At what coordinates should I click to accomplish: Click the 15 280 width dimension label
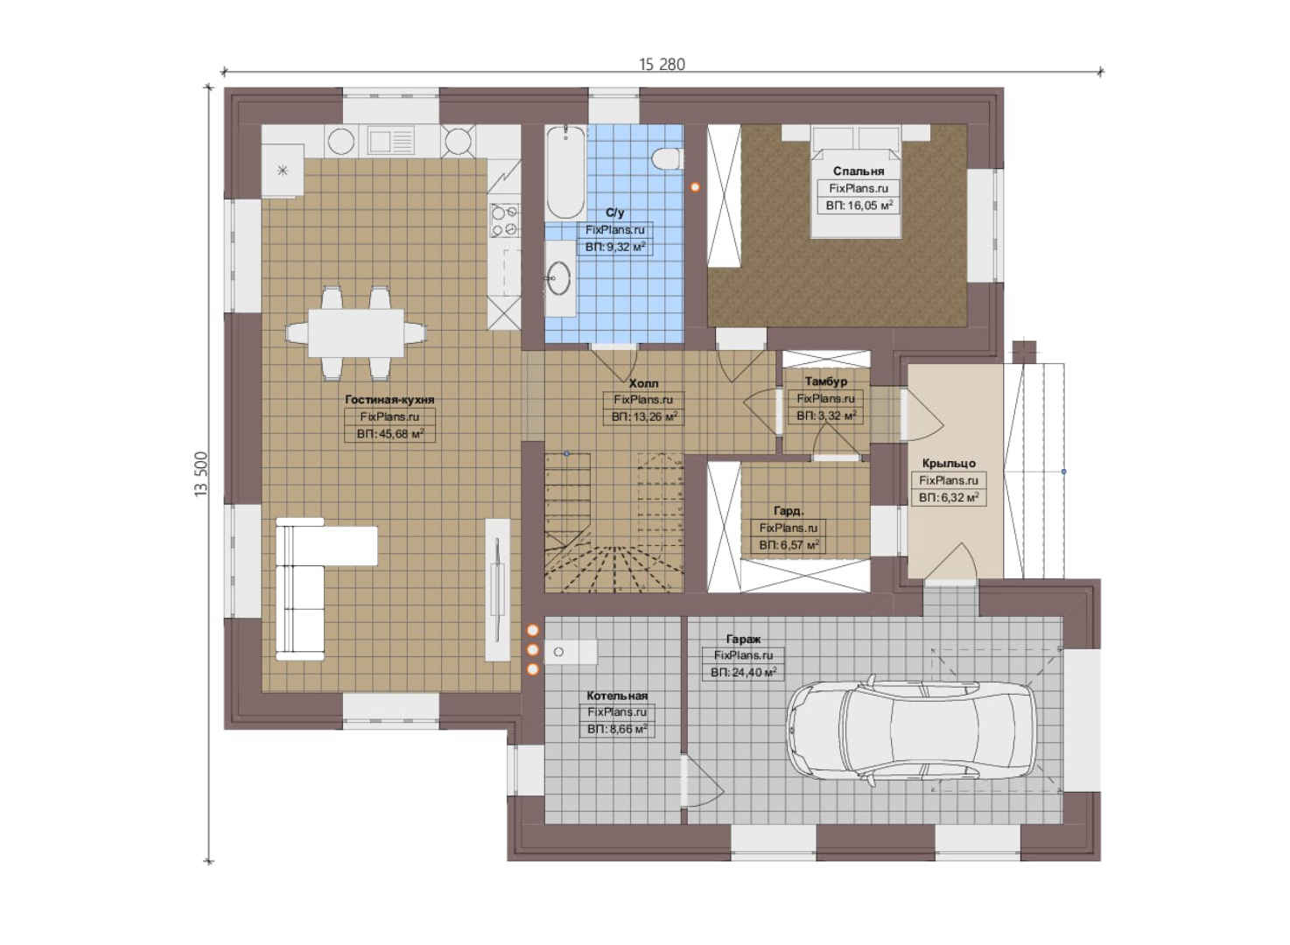pos(662,65)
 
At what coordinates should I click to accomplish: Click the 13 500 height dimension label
pos(200,474)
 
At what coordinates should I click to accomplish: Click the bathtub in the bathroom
pos(565,172)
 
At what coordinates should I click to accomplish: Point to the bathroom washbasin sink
pos(558,278)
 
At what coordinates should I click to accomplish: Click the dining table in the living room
pos(356,333)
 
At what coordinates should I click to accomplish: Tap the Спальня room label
pos(858,171)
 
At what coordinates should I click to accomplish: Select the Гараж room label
pos(743,639)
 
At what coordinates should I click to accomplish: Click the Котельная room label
pos(617,696)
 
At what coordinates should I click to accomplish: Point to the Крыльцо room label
pos(949,463)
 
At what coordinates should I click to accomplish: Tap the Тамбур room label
pos(826,381)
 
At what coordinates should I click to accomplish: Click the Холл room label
pos(643,383)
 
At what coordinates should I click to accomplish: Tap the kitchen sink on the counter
pos(391,141)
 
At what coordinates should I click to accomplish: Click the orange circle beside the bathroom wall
pos(695,187)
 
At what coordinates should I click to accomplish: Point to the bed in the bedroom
pos(856,182)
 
